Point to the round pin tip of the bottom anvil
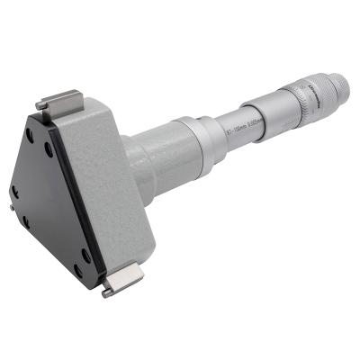(107, 292)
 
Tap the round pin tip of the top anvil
(40, 106)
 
